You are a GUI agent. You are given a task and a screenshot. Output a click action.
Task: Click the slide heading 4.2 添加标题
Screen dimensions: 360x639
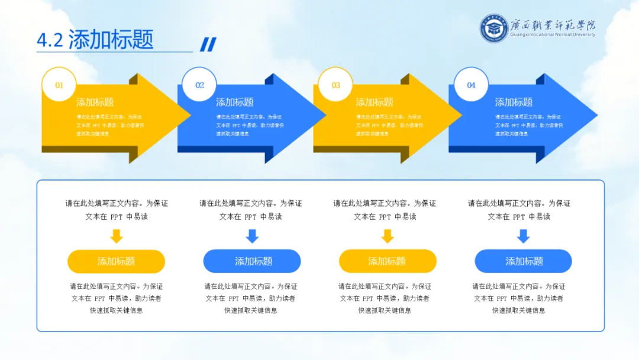pos(95,39)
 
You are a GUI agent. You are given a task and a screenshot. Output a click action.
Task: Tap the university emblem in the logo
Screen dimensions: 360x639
pos(494,28)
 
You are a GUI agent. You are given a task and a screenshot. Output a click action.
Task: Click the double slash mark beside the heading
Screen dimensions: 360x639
pos(208,44)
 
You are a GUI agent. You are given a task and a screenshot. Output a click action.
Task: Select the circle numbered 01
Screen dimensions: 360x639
pos(59,85)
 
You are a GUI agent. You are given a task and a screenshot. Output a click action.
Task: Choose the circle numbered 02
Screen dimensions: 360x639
pos(199,85)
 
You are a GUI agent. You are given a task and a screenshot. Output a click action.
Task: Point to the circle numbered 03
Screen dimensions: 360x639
pos(335,85)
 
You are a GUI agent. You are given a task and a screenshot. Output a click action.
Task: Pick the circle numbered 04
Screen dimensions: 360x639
pos(471,85)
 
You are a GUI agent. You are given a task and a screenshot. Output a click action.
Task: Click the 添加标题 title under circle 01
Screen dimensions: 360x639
pos(95,102)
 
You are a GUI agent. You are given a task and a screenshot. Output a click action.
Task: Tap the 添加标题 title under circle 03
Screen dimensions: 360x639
pos(374,102)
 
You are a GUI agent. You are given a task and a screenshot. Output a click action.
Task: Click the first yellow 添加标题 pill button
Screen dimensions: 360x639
pos(116,261)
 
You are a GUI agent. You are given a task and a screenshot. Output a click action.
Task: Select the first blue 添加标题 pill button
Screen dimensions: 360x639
pos(252,261)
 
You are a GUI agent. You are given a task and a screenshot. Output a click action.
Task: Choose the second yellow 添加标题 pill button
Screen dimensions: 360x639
pos(388,261)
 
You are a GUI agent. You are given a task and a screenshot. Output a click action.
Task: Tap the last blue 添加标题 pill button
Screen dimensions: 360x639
pos(524,261)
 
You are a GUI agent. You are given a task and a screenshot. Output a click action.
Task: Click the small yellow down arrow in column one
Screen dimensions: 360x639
pos(117,236)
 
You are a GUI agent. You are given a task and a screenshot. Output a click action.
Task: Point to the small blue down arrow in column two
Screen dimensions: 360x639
pos(253,236)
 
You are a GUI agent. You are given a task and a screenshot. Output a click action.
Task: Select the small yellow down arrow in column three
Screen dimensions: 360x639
pos(388,236)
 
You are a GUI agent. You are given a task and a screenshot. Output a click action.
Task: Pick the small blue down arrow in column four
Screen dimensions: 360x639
pos(523,236)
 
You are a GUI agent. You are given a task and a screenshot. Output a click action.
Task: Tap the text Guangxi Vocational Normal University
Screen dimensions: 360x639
pos(553,34)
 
